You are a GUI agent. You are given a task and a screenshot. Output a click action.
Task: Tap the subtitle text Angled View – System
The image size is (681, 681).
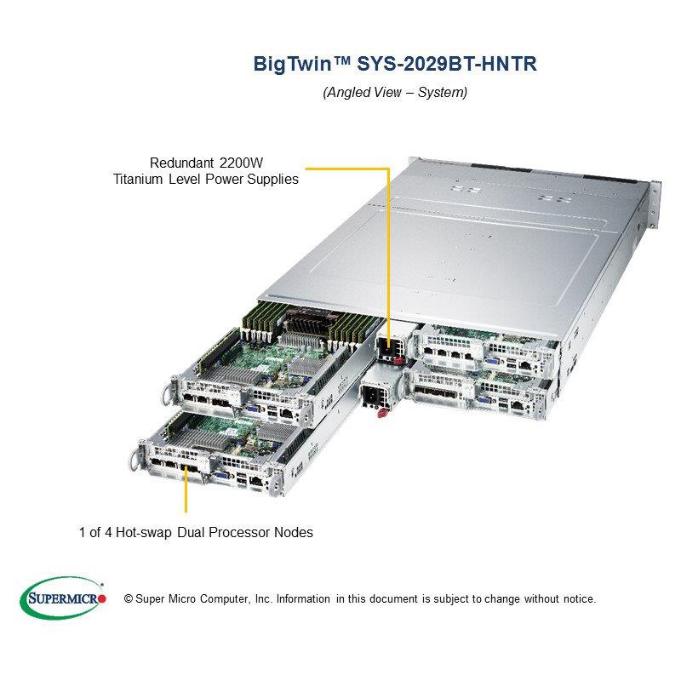(x=395, y=92)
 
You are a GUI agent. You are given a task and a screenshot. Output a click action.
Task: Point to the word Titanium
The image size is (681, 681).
(x=139, y=180)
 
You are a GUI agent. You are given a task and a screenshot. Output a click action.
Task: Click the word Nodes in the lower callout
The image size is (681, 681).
(x=294, y=533)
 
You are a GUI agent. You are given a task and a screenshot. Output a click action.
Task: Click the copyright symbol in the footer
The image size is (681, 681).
(x=129, y=598)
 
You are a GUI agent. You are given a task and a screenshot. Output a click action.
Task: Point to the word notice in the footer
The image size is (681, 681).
(x=576, y=598)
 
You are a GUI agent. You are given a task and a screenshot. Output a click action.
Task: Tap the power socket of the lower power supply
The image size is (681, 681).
(x=372, y=396)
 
